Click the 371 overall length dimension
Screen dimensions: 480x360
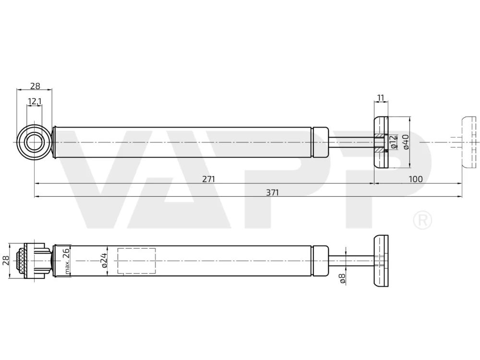coord(272,192)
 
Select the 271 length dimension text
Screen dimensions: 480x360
coord(208,179)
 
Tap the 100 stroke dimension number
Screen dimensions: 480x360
coord(415,179)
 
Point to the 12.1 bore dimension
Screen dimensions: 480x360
coord(35,101)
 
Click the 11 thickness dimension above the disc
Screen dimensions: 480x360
coord(381,98)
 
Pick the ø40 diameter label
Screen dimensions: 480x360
coord(406,142)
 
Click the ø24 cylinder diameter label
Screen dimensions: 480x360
coord(104,260)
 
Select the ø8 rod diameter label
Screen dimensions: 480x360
coord(342,278)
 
